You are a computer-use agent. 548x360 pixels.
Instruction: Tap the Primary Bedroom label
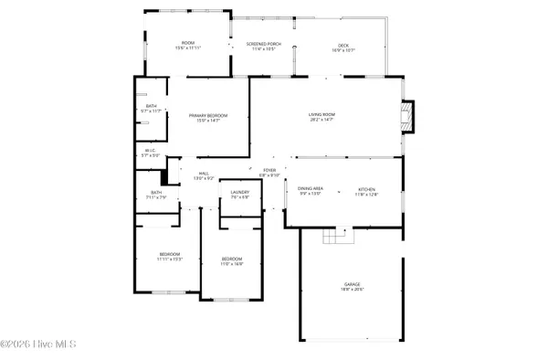click(x=208, y=116)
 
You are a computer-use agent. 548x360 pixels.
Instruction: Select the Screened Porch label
click(x=263, y=45)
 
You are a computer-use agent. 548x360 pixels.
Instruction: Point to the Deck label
click(x=343, y=45)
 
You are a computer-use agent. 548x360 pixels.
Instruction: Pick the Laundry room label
click(x=240, y=193)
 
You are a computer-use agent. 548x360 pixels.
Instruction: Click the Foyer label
click(x=269, y=171)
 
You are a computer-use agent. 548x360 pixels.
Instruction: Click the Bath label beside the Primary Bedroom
click(x=151, y=107)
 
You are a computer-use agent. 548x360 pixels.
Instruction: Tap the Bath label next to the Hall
click(x=155, y=193)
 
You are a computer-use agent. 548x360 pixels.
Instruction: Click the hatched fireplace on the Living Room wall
click(x=407, y=116)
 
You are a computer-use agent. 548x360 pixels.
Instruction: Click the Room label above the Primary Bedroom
click(x=188, y=44)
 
